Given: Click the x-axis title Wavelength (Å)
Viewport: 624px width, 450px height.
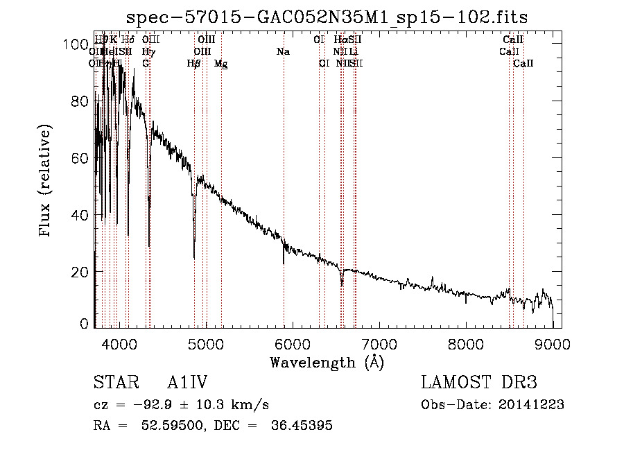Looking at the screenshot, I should [x=327, y=362].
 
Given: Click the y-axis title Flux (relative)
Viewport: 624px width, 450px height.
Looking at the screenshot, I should [x=46, y=182].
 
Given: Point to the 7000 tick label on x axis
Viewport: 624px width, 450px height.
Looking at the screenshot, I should [x=379, y=343].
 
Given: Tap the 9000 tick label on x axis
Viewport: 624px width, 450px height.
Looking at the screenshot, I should [x=553, y=343].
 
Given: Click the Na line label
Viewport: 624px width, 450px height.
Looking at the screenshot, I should [x=283, y=52].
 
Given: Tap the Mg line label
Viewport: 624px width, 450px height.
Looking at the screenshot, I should [x=220, y=64].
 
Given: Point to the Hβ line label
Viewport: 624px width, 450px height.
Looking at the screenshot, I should [x=194, y=64].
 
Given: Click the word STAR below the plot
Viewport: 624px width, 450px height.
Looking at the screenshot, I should [x=114, y=383].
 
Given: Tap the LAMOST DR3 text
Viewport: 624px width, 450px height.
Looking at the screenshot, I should [x=479, y=383].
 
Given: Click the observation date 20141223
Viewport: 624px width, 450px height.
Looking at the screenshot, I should [x=530, y=405].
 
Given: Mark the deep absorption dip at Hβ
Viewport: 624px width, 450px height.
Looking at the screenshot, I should [x=194, y=239].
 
